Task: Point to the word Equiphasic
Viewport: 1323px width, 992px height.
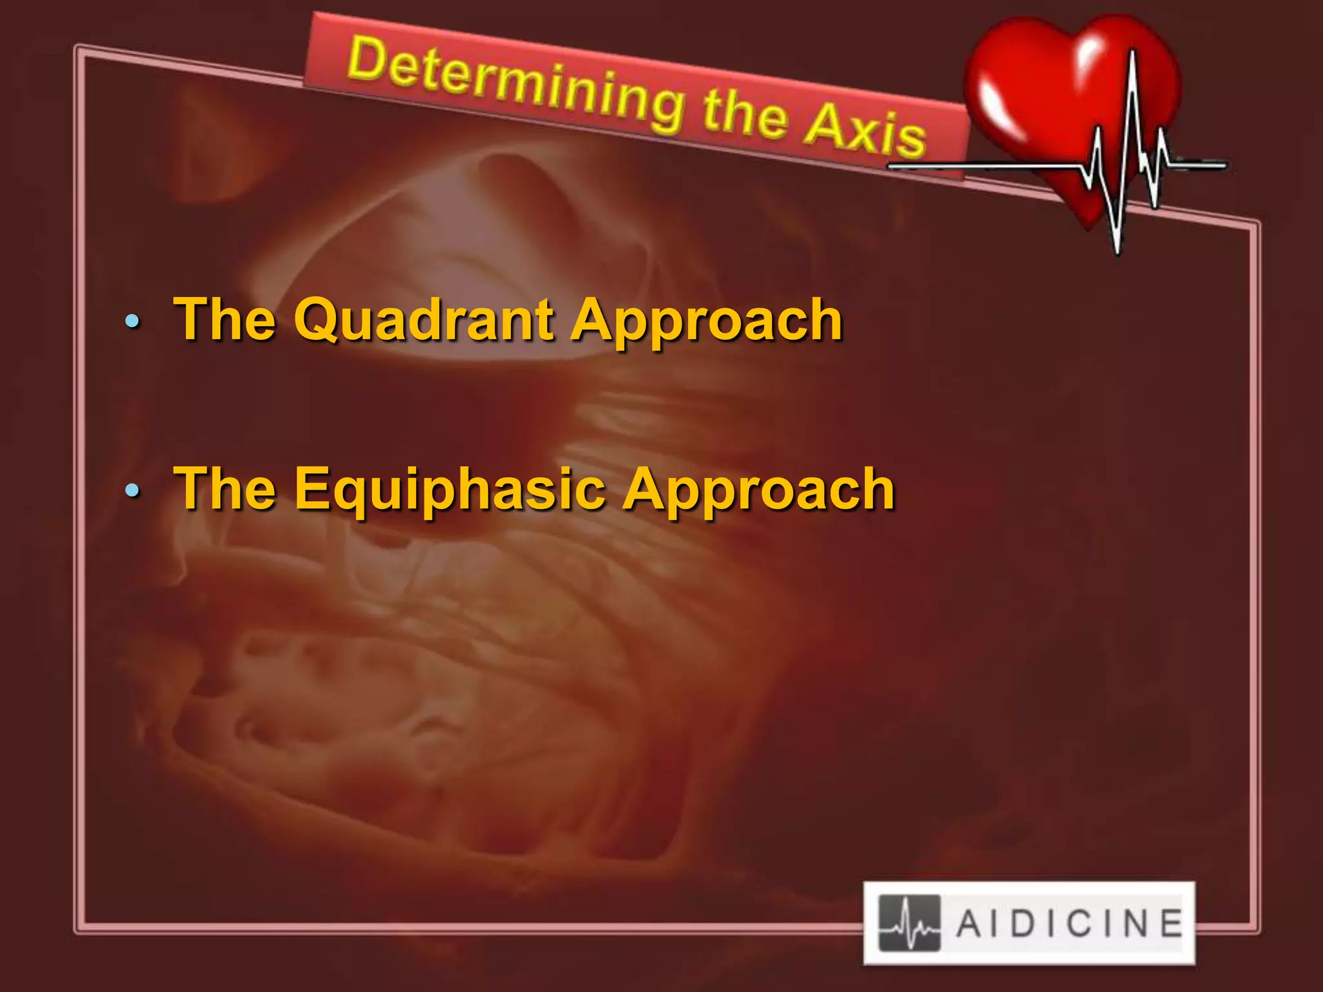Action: pos(449,489)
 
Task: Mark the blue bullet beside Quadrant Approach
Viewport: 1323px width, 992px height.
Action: pos(132,320)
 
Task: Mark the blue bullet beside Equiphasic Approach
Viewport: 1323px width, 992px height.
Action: pos(132,491)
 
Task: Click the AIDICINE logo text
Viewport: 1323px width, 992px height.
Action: pos(1069,924)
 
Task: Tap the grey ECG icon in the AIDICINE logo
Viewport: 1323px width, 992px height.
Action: pos(909,924)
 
